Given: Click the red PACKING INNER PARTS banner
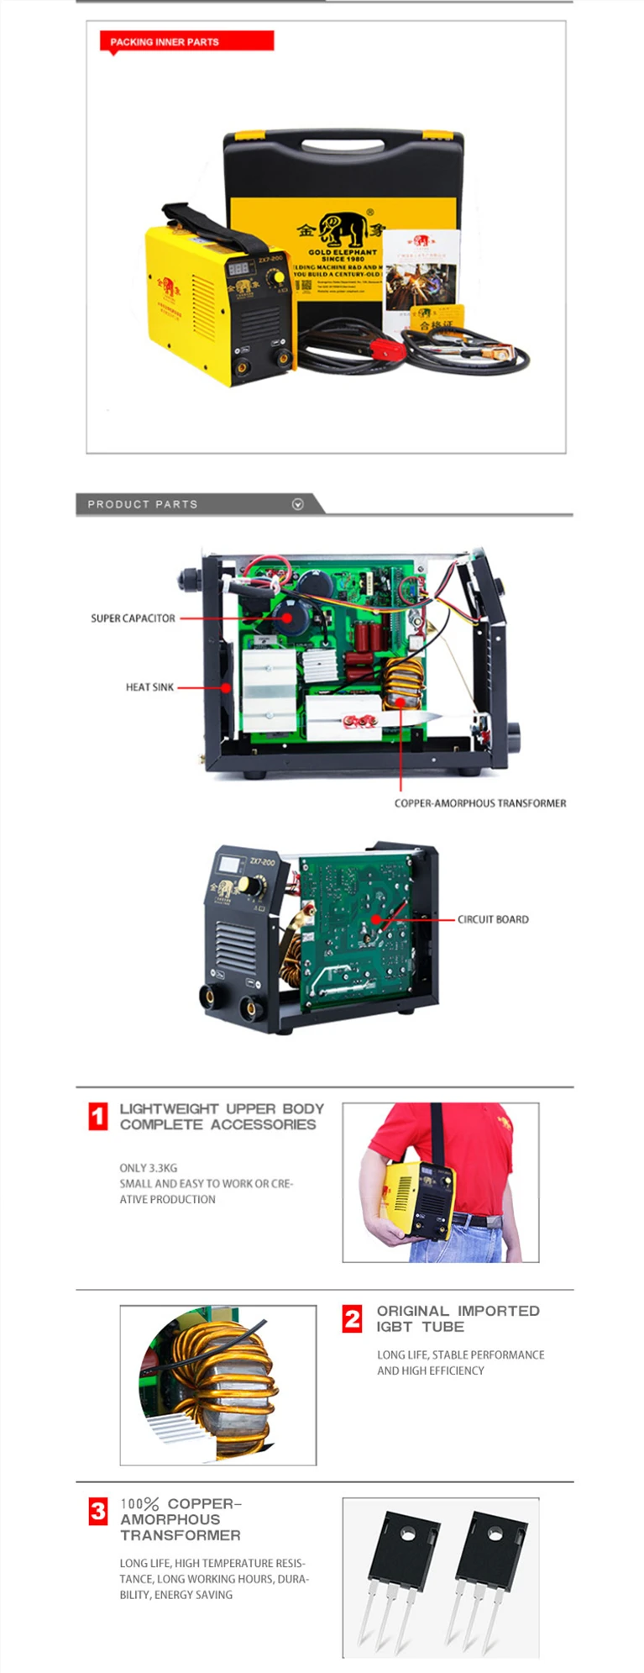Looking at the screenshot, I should click(x=186, y=41).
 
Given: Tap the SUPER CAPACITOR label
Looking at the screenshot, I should click(x=133, y=618).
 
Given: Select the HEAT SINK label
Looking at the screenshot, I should click(x=149, y=687).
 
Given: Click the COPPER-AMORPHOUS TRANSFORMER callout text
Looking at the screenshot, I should click(x=479, y=803).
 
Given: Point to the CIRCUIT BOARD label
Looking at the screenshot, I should click(x=493, y=919).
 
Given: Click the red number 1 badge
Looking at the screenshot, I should click(x=98, y=1117).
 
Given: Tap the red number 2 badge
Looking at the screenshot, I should click(x=353, y=1318).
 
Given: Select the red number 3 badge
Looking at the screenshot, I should click(x=98, y=1512).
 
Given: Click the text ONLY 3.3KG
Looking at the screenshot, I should click(x=148, y=1168).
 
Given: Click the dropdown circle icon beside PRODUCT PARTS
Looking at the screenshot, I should click(x=297, y=504).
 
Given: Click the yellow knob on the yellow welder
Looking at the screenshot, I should click(x=275, y=280).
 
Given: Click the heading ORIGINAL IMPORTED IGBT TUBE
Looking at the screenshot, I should click(x=458, y=1318).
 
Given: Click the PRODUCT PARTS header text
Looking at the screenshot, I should click(x=143, y=504).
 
